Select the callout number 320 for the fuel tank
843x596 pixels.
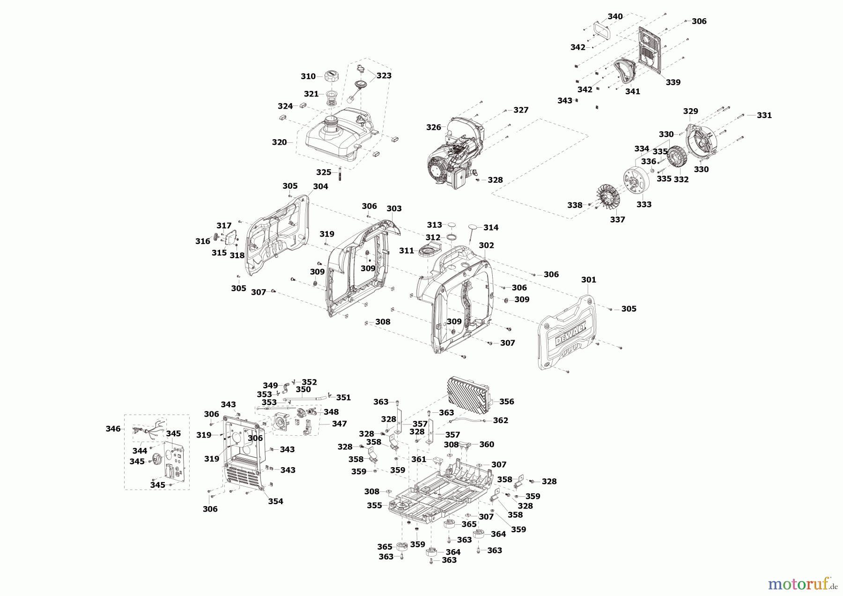pos(279,142)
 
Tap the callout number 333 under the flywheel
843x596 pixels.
pos(644,204)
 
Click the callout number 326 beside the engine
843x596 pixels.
pos(433,127)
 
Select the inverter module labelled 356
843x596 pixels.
pos(469,395)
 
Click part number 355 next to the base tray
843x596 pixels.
pos(374,506)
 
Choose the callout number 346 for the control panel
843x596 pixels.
pos(113,428)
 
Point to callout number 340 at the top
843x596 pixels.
pos(615,16)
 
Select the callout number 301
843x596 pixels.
pos(589,279)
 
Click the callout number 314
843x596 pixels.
pos(491,227)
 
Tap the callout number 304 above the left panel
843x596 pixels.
pos(320,186)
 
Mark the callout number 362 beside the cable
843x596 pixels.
pos(500,420)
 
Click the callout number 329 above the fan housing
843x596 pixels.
pos(690,111)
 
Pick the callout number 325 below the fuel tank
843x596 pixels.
pos(324,172)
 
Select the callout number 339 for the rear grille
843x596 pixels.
pos(673,82)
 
